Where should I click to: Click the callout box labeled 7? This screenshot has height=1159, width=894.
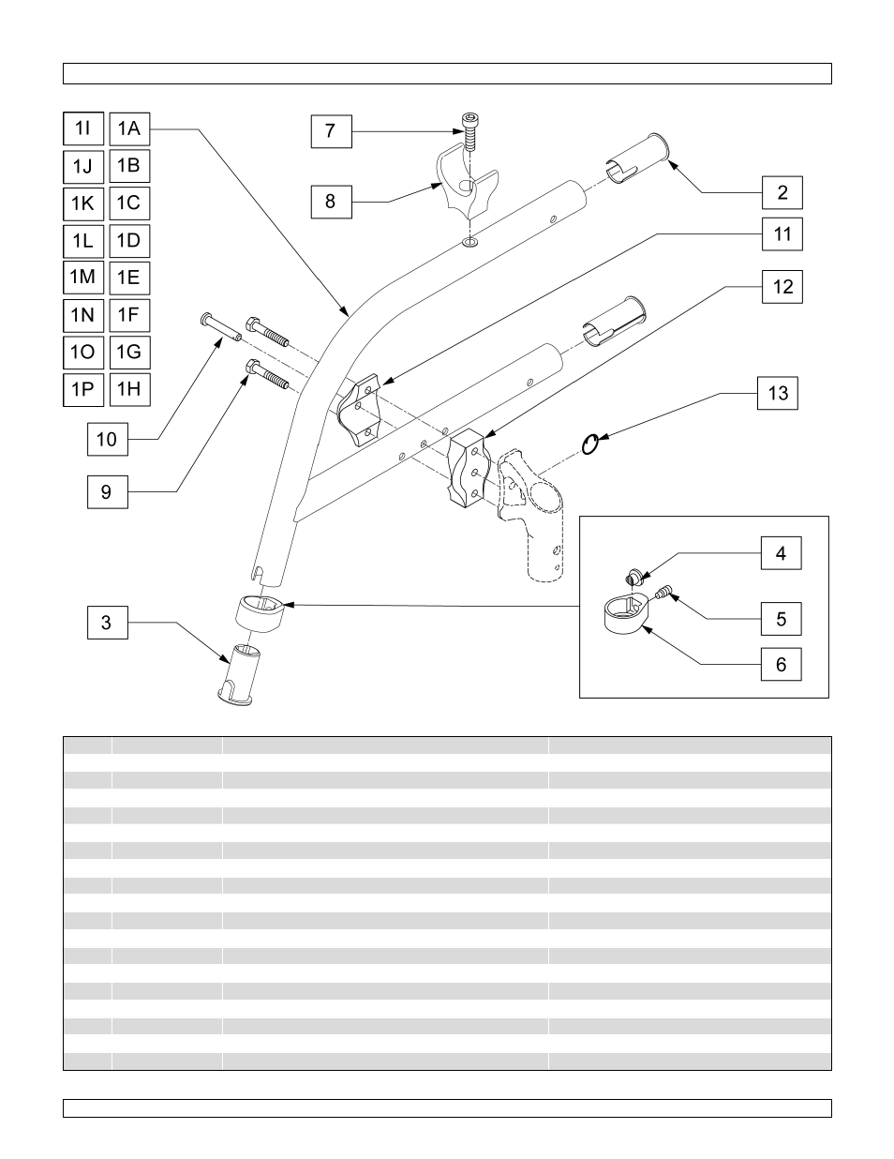point(331,131)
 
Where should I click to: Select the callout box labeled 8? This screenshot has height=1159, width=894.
point(331,201)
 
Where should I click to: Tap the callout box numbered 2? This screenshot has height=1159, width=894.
point(782,193)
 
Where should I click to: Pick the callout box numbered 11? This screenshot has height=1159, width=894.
point(782,234)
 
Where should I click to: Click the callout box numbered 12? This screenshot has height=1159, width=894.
point(782,287)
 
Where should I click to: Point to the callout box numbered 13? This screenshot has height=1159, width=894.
point(778,394)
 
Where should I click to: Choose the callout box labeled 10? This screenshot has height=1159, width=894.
point(108,439)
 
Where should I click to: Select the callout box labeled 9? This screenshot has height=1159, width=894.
point(107,492)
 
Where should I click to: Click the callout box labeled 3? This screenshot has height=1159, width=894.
point(107,623)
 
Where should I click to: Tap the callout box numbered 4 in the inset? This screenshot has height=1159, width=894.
point(781,553)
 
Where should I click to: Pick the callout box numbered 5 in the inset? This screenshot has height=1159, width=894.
point(781,619)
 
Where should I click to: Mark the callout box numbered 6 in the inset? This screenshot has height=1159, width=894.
point(781,666)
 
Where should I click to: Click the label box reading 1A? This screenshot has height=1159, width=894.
point(129,128)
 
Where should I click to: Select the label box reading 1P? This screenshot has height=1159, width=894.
point(83,389)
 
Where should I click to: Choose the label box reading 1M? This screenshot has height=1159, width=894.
point(83,277)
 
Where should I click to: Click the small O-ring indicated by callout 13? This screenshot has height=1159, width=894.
point(589,444)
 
